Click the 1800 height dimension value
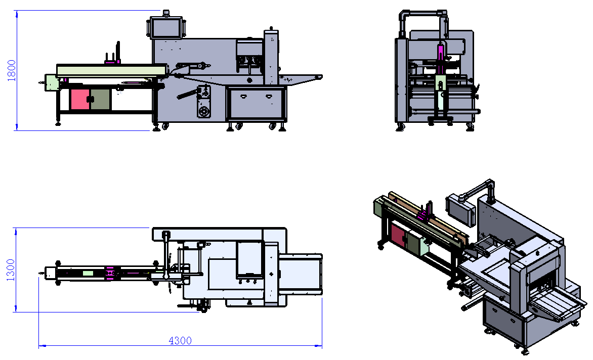point(11,70)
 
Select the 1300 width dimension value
point(11,269)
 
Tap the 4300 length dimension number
point(180,341)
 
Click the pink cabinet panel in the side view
point(80,99)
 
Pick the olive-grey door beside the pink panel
point(101,99)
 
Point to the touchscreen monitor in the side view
point(166,28)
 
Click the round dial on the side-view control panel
point(204,112)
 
